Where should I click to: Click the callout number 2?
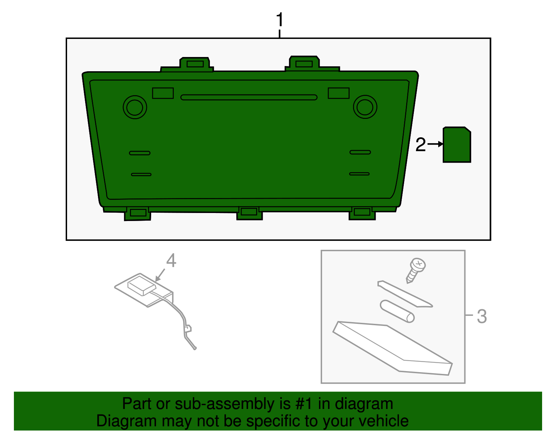coord(420,145)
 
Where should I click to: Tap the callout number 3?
coord(482,317)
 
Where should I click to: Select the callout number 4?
coord(171,260)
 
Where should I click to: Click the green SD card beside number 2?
coord(457,145)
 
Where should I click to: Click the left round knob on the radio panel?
coord(135,107)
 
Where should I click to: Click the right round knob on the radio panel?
coord(365,107)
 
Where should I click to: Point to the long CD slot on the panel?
coord(249,97)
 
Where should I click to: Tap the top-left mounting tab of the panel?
coord(195,64)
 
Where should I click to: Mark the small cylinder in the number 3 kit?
coord(397,311)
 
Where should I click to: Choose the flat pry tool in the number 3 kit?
coord(405,294)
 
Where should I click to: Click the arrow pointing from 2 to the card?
coord(435,144)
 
